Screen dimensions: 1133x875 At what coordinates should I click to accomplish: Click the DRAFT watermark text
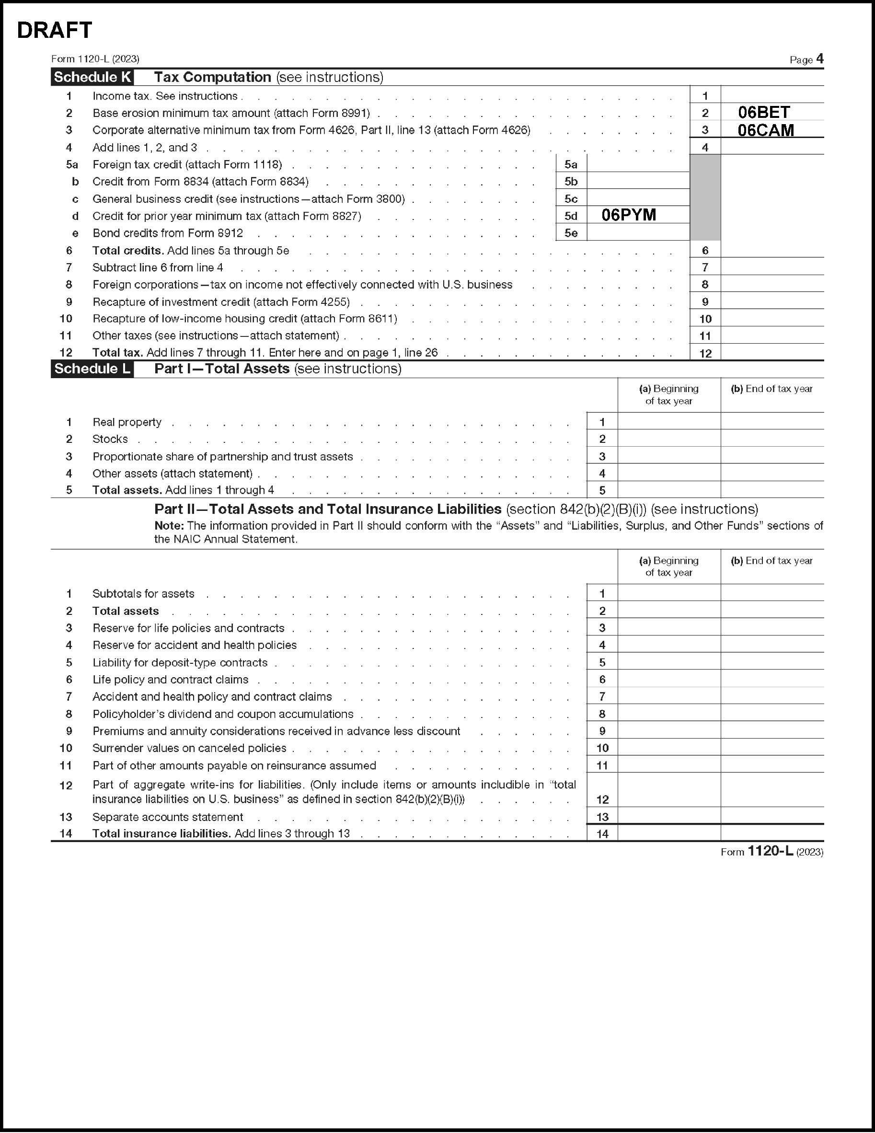[x=55, y=31]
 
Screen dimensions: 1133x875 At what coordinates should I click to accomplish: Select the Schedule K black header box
[x=92, y=77]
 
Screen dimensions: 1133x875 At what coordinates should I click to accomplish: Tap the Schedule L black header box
[x=92, y=369]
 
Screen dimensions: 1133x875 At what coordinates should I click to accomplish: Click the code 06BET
[x=763, y=113]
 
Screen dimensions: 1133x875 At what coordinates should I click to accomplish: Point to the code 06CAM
[x=766, y=130]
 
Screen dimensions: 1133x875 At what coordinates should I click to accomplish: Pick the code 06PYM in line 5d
[x=629, y=215]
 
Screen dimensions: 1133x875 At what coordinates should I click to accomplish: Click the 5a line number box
[x=571, y=164]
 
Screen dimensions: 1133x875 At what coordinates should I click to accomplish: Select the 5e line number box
[x=571, y=233]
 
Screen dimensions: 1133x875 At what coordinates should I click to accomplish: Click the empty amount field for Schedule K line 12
[x=772, y=353]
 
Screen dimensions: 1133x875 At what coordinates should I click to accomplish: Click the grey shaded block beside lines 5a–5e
[x=705, y=197]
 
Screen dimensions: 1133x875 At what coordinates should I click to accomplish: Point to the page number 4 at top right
[x=819, y=59]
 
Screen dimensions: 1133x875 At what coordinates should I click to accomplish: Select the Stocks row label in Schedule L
[x=110, y=439]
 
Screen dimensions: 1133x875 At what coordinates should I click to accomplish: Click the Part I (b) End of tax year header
[x=771, y=389]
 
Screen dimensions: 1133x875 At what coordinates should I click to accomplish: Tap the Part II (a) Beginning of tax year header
[x=668, y=566]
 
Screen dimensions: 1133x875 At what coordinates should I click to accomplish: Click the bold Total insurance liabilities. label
[x=161, y=833]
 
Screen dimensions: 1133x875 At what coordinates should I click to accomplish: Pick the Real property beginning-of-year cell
[x=668, y=422]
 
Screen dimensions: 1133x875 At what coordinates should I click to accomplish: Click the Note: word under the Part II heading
[x=169, y=525]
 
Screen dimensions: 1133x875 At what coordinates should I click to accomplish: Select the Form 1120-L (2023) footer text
[x=771, y=852]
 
